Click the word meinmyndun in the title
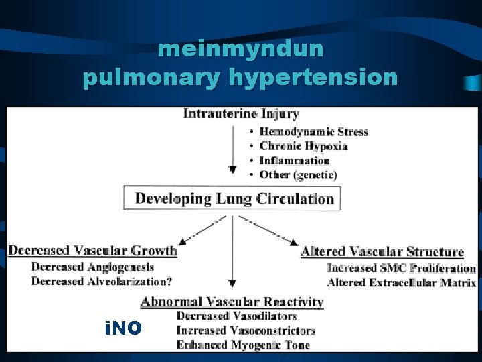coord(241,50)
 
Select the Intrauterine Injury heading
coord(241,114)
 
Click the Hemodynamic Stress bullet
coord(313,132)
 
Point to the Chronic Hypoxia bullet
coord(303,146)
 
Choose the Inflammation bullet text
coord(295,160)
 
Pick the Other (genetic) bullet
coord(299,174)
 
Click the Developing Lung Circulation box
coord(232,198)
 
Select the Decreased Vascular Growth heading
coord(92,251)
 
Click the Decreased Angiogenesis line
coord(92,267)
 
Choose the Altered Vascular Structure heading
coord(382,252)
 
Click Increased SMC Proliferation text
coord(401,268)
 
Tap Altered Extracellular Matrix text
coord(401,282)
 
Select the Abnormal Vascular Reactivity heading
coord(232,302)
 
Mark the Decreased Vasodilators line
coord(236,316)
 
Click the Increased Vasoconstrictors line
coord(246,330)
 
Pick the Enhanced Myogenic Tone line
coord(242,345)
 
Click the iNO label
coord(123,328)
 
